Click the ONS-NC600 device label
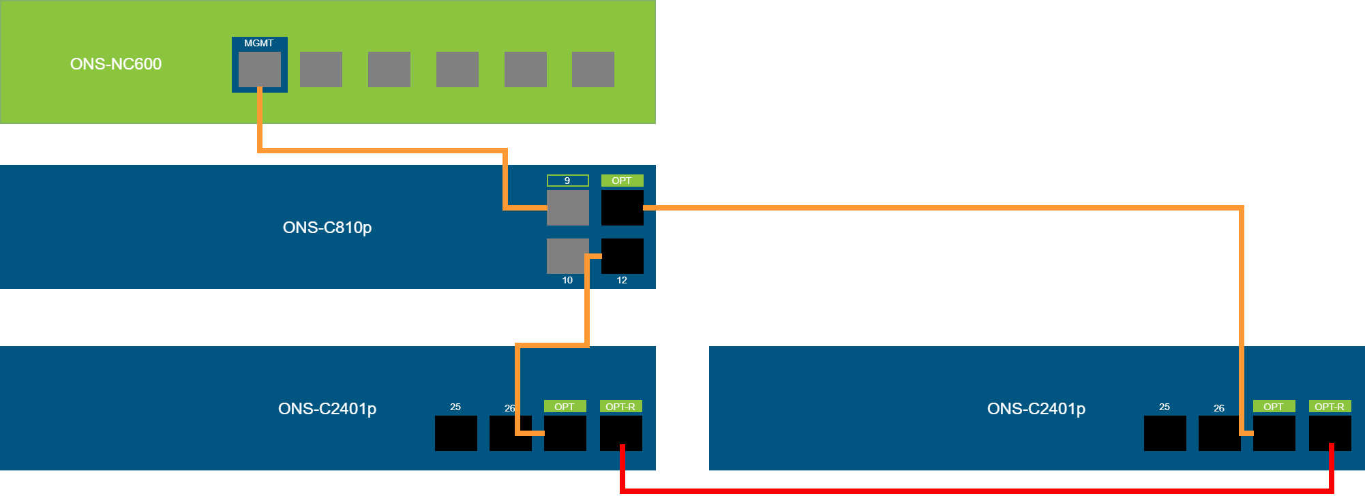(116, 64)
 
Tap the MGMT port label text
(259, 43)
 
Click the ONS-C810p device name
(327, 228)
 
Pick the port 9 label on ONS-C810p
(567, 181)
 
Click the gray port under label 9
(568, 208)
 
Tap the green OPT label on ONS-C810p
(622, 181)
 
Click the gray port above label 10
(566, 255)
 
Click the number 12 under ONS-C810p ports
(622, 280)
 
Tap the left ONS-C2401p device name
(327, 409)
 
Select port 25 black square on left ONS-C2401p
(456, 433)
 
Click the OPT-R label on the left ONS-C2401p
(620, 407)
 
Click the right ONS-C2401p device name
(1036, 409)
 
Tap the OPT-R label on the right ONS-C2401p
(1330, 407)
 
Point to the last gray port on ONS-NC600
(593, 69)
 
